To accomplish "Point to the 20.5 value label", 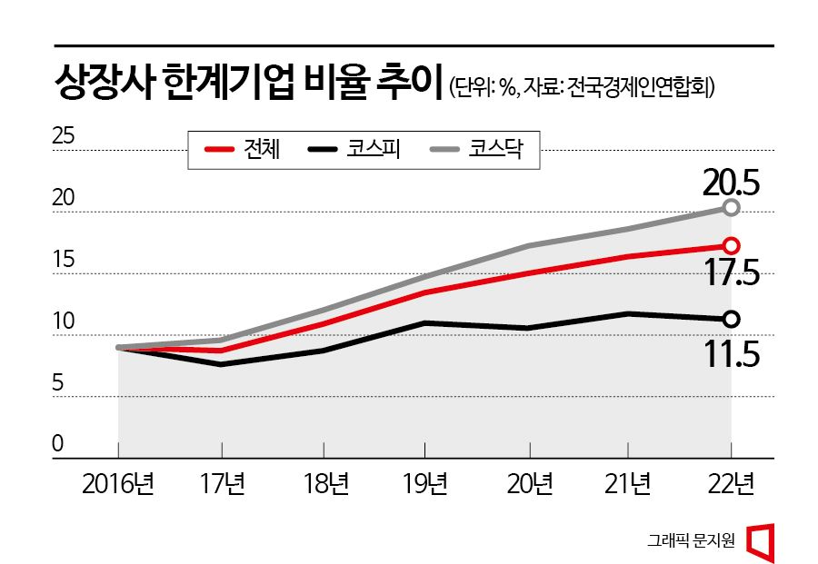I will [x=730, y=184].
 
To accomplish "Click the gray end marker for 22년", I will [x=731, y=208].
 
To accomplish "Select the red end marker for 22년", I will [x=731, y=245].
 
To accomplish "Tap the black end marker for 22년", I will [x=731, y=318].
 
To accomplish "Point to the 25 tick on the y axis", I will [x=63, y=138].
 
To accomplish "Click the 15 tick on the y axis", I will [x=63, y=261].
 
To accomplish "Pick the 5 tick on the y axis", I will [x=57, y=383].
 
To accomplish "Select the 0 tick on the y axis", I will [x=57, y=445].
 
